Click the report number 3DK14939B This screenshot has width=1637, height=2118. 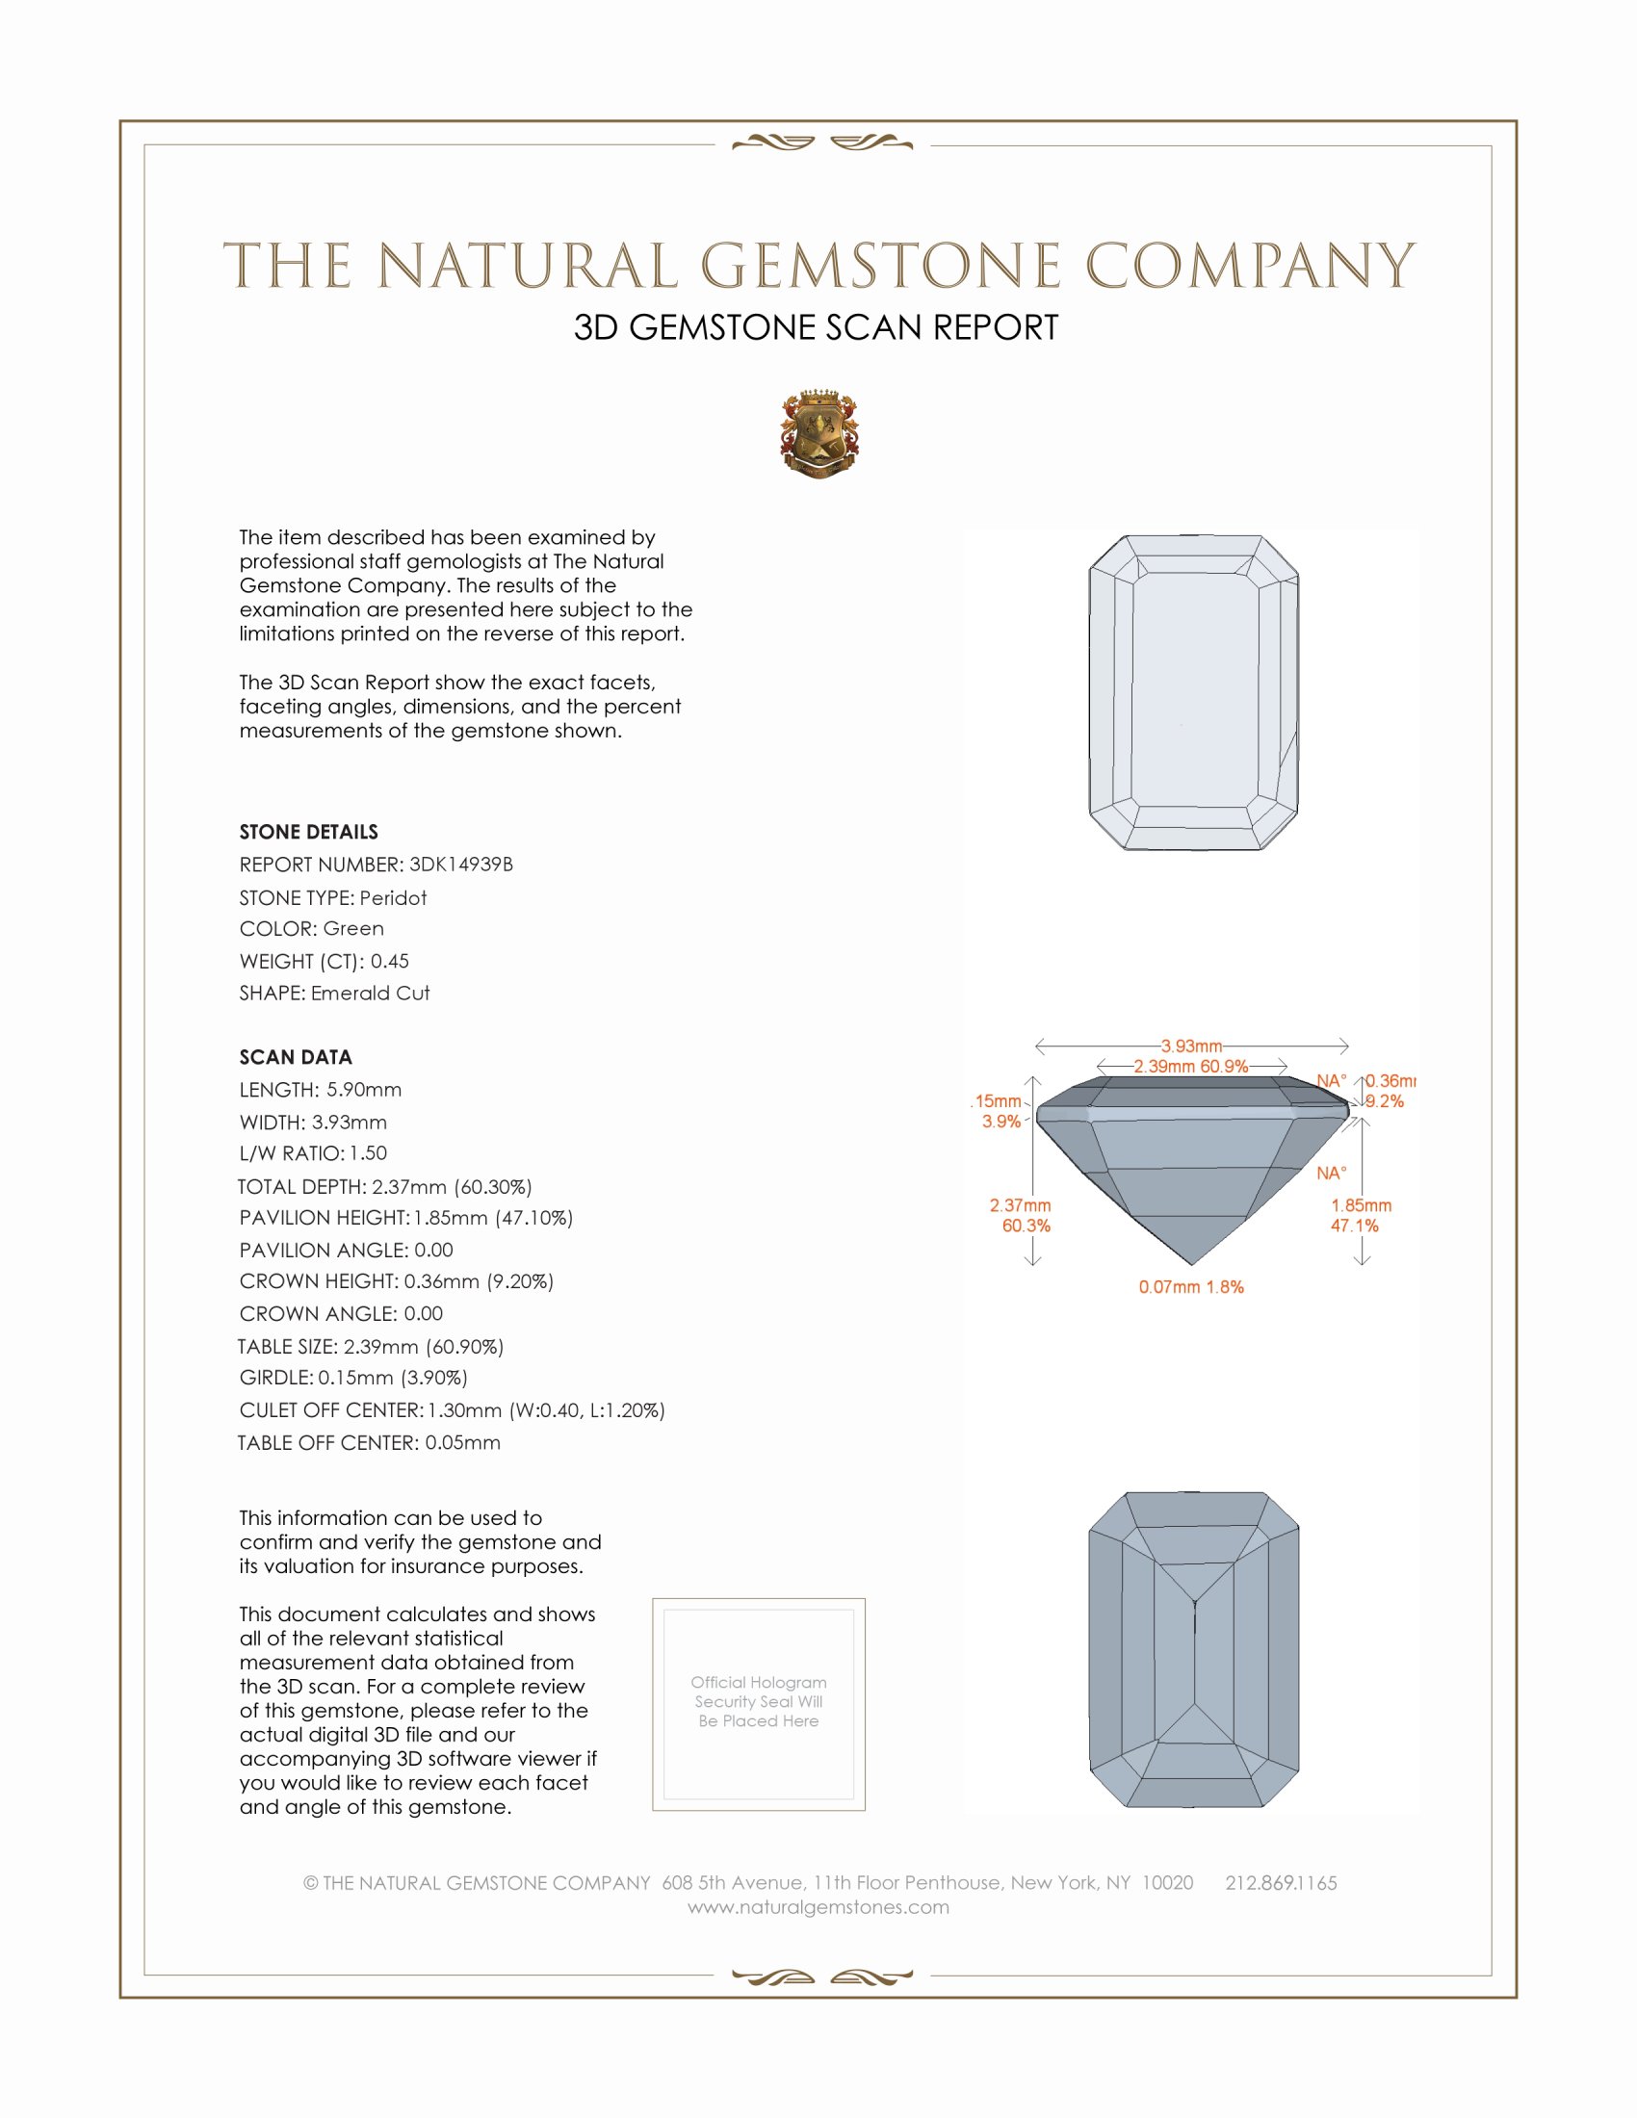(x=460, y=865)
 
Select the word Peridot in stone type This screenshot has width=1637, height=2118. (x=393, y=898)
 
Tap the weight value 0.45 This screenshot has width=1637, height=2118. (x=390, y=961)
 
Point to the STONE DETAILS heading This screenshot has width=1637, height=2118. (x=308, y=832)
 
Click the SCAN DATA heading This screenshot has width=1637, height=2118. (x=296, y=1057)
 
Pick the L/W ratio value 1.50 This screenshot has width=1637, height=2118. (x=369, y=1153)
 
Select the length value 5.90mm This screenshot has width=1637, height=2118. (x=364, y=1089)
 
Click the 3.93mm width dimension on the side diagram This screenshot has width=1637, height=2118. (x=1192, y=1046)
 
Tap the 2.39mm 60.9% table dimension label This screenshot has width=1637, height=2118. (x=1191, y=1066)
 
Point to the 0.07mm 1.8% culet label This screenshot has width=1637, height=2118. (x=1191, y=1287)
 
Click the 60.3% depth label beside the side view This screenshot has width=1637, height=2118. (x=1026, y=1226)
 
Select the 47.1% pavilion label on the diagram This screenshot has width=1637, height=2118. (x=1354, y=1226)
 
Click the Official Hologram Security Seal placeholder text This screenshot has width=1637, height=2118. (x=759, y=1701)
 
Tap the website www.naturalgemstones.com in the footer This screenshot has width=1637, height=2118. (x=818, y=1906)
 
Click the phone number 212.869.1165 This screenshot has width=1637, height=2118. (x=1281, y=1882)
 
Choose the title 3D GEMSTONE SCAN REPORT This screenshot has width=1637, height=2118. (x=816, y=327)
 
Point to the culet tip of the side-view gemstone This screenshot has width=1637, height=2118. (x=1192, y=1264)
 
